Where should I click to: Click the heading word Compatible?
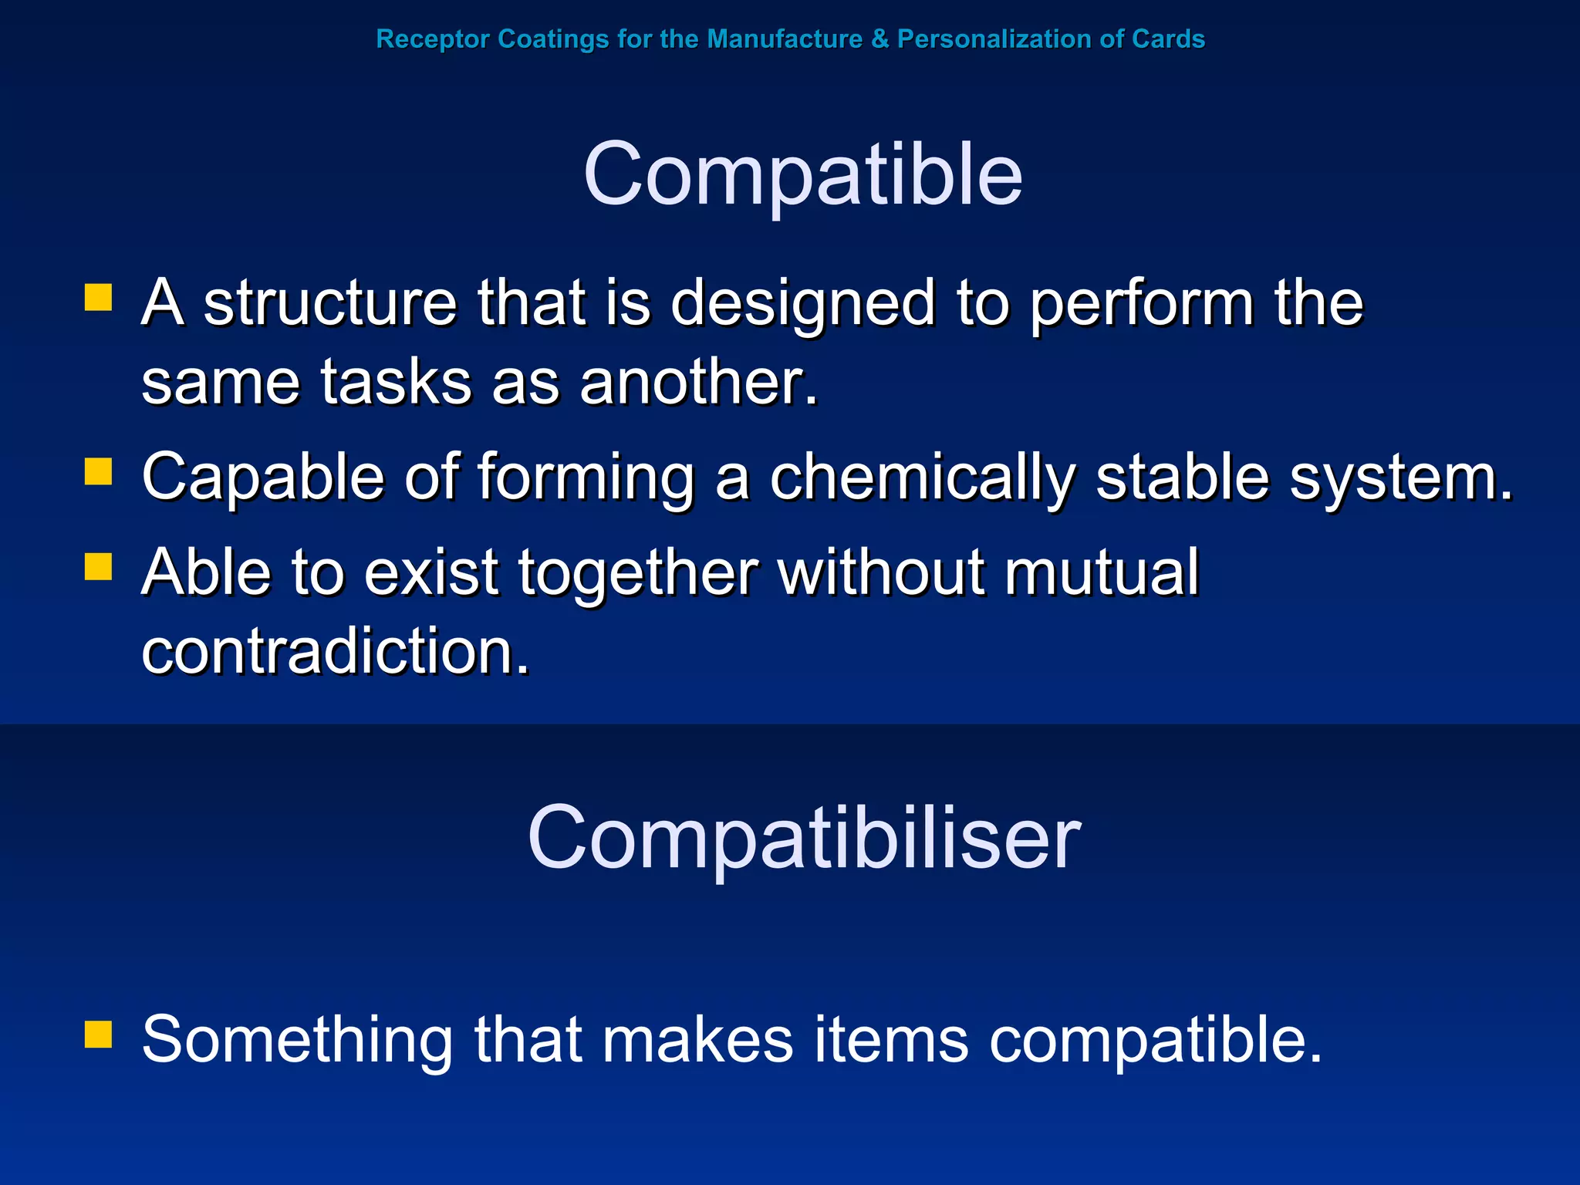802,176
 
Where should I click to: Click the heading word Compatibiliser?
804,839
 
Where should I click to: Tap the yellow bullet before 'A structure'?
99,298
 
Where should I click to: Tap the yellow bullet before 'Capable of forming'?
99,471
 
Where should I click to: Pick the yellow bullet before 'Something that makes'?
99,1035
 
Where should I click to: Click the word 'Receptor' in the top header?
433,39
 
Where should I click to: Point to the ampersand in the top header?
879,39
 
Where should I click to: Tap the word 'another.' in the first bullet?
699,383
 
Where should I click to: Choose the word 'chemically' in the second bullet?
922,478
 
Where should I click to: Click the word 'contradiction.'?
336,652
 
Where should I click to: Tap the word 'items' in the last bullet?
891,1040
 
